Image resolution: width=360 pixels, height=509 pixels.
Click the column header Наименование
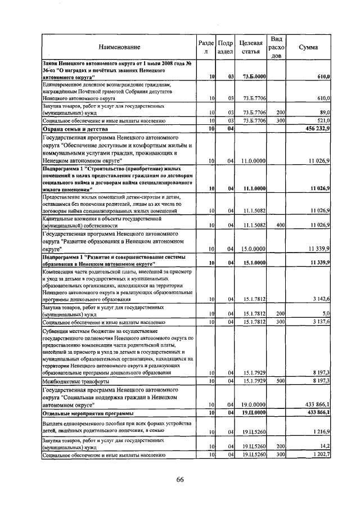pos(119,47)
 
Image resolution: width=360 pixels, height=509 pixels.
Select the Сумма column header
pos(308,47)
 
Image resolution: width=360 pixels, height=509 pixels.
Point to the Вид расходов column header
pos(276,47)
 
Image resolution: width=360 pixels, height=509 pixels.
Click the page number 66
pos(180,479)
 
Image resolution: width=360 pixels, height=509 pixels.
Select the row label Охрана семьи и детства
pos(72,129)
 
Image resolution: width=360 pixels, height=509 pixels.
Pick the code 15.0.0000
pos(254,249)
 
